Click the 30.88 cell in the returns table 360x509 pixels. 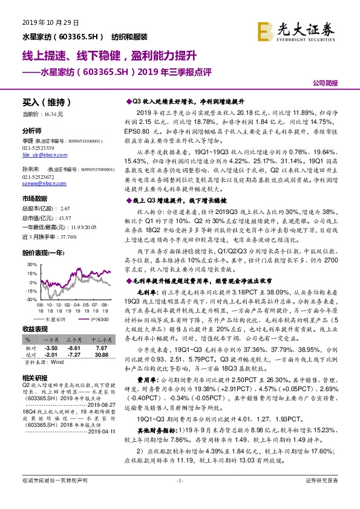(101, 355)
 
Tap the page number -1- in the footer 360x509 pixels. (180, 497)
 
